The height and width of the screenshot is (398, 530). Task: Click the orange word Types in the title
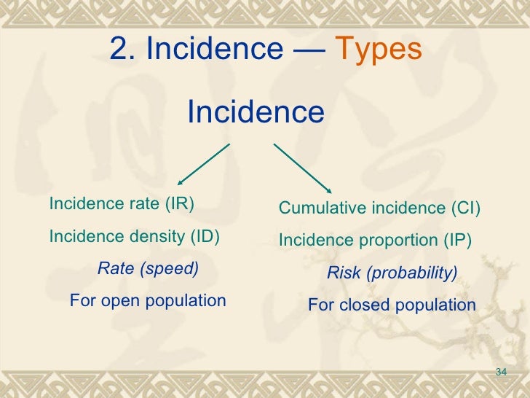(x=379, y=50)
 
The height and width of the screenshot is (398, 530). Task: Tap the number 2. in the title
(x=123, y=50)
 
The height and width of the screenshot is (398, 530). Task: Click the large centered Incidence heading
(x=256, y=112)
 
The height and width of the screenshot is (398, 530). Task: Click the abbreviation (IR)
(x=180, y=203)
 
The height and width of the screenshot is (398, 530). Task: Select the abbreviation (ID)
(x=205, y=237)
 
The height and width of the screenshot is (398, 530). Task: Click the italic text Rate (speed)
(x=148, y=268)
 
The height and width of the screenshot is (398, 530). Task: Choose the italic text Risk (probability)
(x=392, y=273)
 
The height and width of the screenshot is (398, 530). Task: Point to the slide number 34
(x=500, y=373)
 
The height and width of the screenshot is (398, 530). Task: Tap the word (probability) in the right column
(x=411, y=273)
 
